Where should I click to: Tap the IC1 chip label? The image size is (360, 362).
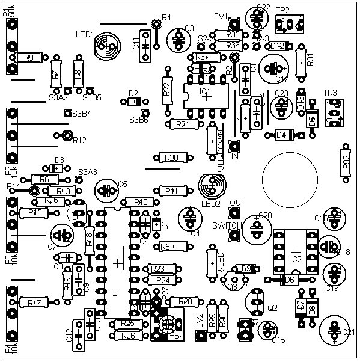click(205, 91)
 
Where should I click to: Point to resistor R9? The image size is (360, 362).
click(28, 58)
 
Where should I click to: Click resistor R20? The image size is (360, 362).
click(172, 158)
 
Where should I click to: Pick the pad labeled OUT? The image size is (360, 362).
click(234, 212)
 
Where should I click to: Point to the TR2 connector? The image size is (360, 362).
click(288, 24)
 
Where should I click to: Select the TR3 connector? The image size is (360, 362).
click(334, 112)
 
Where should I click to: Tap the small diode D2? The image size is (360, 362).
click(133, 102)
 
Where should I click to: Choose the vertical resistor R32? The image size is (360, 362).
click(345, 162)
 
